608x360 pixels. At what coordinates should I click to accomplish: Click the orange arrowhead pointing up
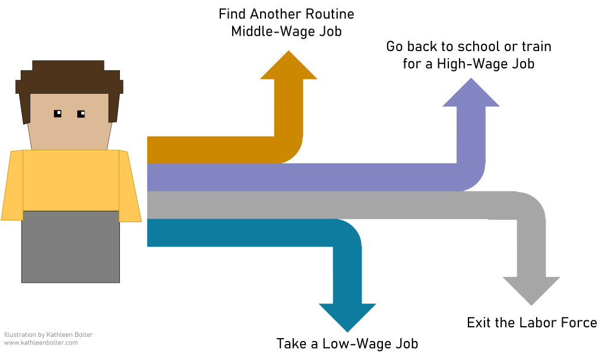289,67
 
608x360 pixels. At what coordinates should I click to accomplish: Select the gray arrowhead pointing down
531,289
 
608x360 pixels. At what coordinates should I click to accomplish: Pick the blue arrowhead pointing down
347,315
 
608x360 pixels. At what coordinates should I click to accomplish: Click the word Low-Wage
341,343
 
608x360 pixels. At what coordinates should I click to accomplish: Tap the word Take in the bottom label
290,343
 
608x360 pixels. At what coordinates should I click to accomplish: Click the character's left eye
58,113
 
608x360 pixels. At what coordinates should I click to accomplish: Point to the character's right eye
81,113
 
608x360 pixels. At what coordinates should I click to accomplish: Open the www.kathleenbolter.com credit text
41,343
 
